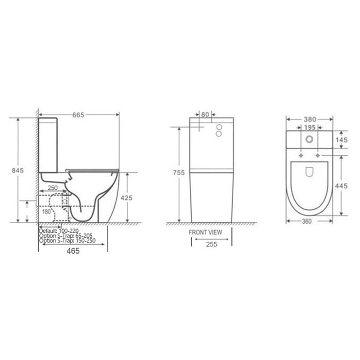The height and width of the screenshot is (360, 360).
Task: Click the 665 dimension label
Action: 78,115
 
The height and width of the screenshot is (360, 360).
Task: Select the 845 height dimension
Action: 18,171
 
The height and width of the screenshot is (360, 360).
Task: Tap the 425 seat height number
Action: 126,198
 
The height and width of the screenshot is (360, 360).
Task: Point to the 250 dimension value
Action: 53,188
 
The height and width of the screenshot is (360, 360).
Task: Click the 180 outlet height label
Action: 46,211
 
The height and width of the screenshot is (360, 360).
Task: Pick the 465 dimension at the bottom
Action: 73,251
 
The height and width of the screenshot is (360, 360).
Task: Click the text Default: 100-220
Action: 59,231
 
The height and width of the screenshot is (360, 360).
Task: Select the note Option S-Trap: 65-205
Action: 66,236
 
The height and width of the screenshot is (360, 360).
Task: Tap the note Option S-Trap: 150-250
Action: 67,241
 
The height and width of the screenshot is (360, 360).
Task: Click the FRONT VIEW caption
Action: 205,232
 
